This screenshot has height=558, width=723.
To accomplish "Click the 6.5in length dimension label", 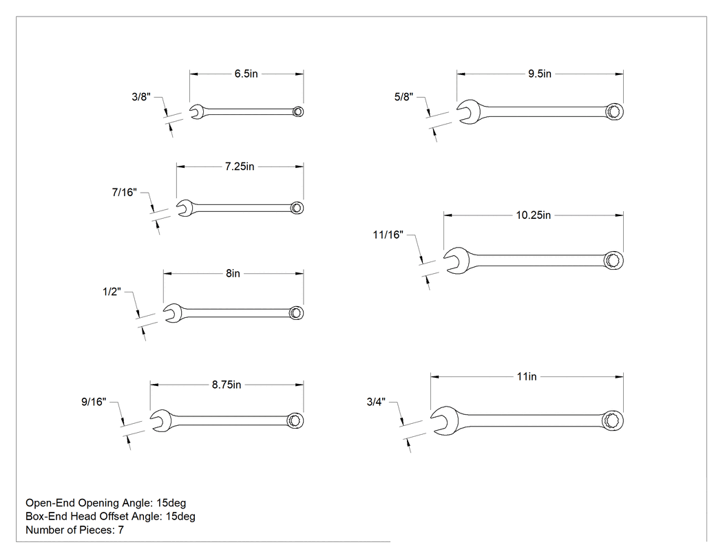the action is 247,74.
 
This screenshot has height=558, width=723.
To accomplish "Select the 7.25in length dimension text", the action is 240,167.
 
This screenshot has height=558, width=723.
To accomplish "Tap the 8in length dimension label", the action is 233,273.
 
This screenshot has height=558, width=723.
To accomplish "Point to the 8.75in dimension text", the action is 227,385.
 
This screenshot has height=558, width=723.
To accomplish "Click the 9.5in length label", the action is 540,74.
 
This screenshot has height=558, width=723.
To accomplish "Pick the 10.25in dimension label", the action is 534,215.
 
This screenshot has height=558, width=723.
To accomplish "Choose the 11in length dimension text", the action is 527,376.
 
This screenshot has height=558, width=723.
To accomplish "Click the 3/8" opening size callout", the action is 141,97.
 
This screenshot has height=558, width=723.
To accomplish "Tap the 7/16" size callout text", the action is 125,192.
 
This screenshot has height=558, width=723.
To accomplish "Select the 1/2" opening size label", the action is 112,292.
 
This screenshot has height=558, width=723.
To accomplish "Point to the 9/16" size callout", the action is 94,402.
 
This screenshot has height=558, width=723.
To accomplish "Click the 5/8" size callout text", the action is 404,97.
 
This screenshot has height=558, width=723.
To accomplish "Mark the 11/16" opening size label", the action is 388,235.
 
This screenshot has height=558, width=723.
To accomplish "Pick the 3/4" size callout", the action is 376,402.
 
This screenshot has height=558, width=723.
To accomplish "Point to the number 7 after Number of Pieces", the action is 120,530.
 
